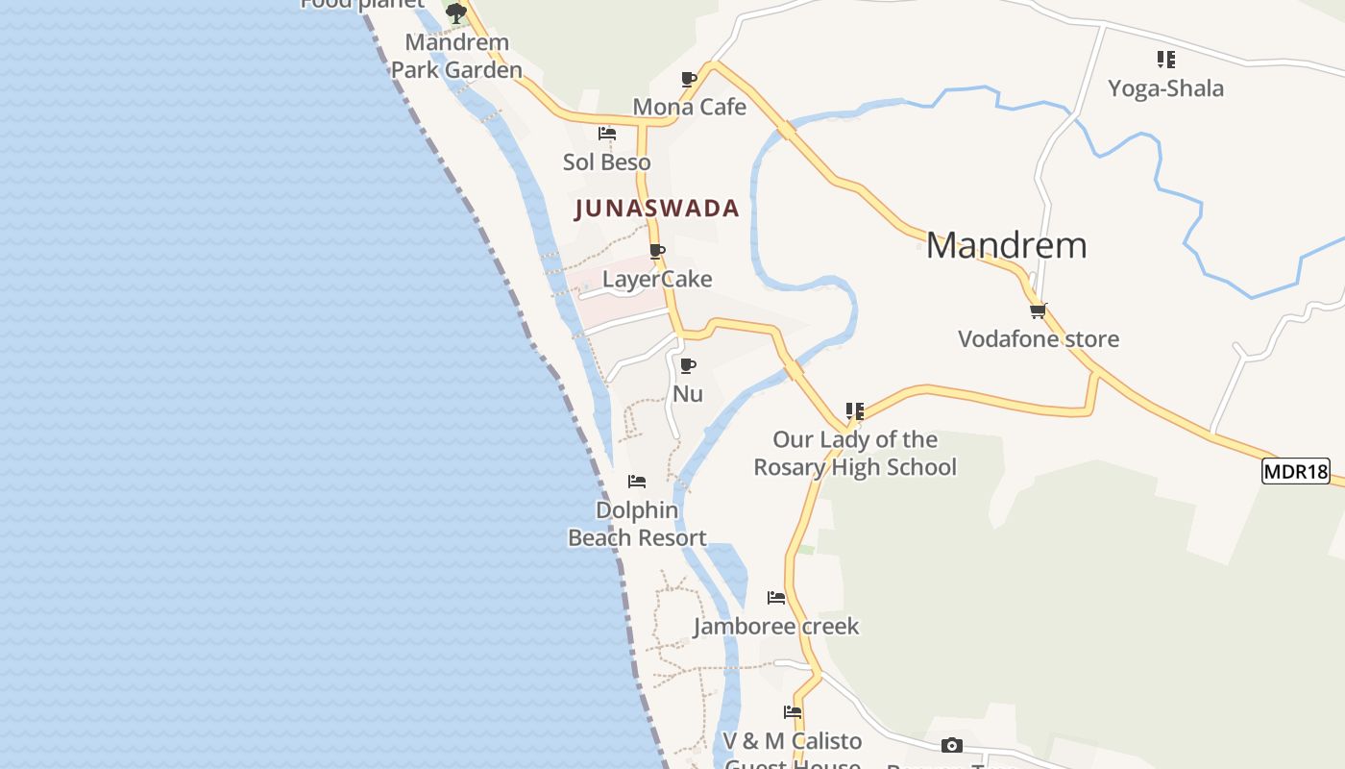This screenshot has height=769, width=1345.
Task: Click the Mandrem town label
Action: [x=1006, y=246]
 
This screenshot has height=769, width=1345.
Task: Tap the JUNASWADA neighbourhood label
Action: [x=657, y=209]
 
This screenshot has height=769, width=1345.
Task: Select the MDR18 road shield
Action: [x=1295, y=472]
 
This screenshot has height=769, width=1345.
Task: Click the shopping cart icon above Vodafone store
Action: [x=1038, y=310]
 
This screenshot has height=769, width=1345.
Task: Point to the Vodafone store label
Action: [x=1039, y=339]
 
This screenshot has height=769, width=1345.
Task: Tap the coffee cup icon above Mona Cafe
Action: [x=689, y=79]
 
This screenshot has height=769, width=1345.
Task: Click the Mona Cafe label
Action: [x=689, y=107]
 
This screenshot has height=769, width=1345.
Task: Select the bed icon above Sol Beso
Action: [x=607, y=134]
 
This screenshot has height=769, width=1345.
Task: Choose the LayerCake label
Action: [x=657, y=280]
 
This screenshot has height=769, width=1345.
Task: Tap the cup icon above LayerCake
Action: [x=657, y=252]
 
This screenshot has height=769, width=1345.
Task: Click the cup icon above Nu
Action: [x=687, y=366]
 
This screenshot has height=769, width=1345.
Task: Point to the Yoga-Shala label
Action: [x=1165, y=88]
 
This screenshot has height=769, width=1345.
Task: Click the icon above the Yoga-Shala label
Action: [x=1165, y=60]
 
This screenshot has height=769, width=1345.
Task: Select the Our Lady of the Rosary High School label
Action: [x=855, y=454]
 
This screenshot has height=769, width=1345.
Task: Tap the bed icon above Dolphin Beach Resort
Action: [x=637, y=482]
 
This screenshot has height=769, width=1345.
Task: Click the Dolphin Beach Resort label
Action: [x=637, y=524]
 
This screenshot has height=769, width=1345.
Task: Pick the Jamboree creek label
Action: [x=776, y=627]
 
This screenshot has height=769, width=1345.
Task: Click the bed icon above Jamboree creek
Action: [x=776, y=598]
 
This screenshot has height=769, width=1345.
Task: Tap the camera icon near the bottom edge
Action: [x=951, y=746]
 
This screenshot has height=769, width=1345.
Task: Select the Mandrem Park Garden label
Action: [x=456, y=56]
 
